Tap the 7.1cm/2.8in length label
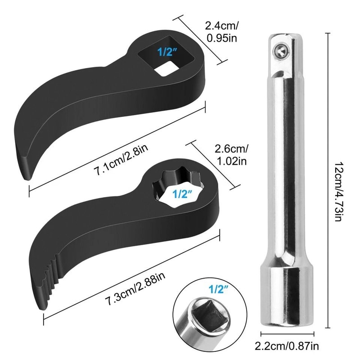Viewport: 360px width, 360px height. (x=118, y=163)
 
